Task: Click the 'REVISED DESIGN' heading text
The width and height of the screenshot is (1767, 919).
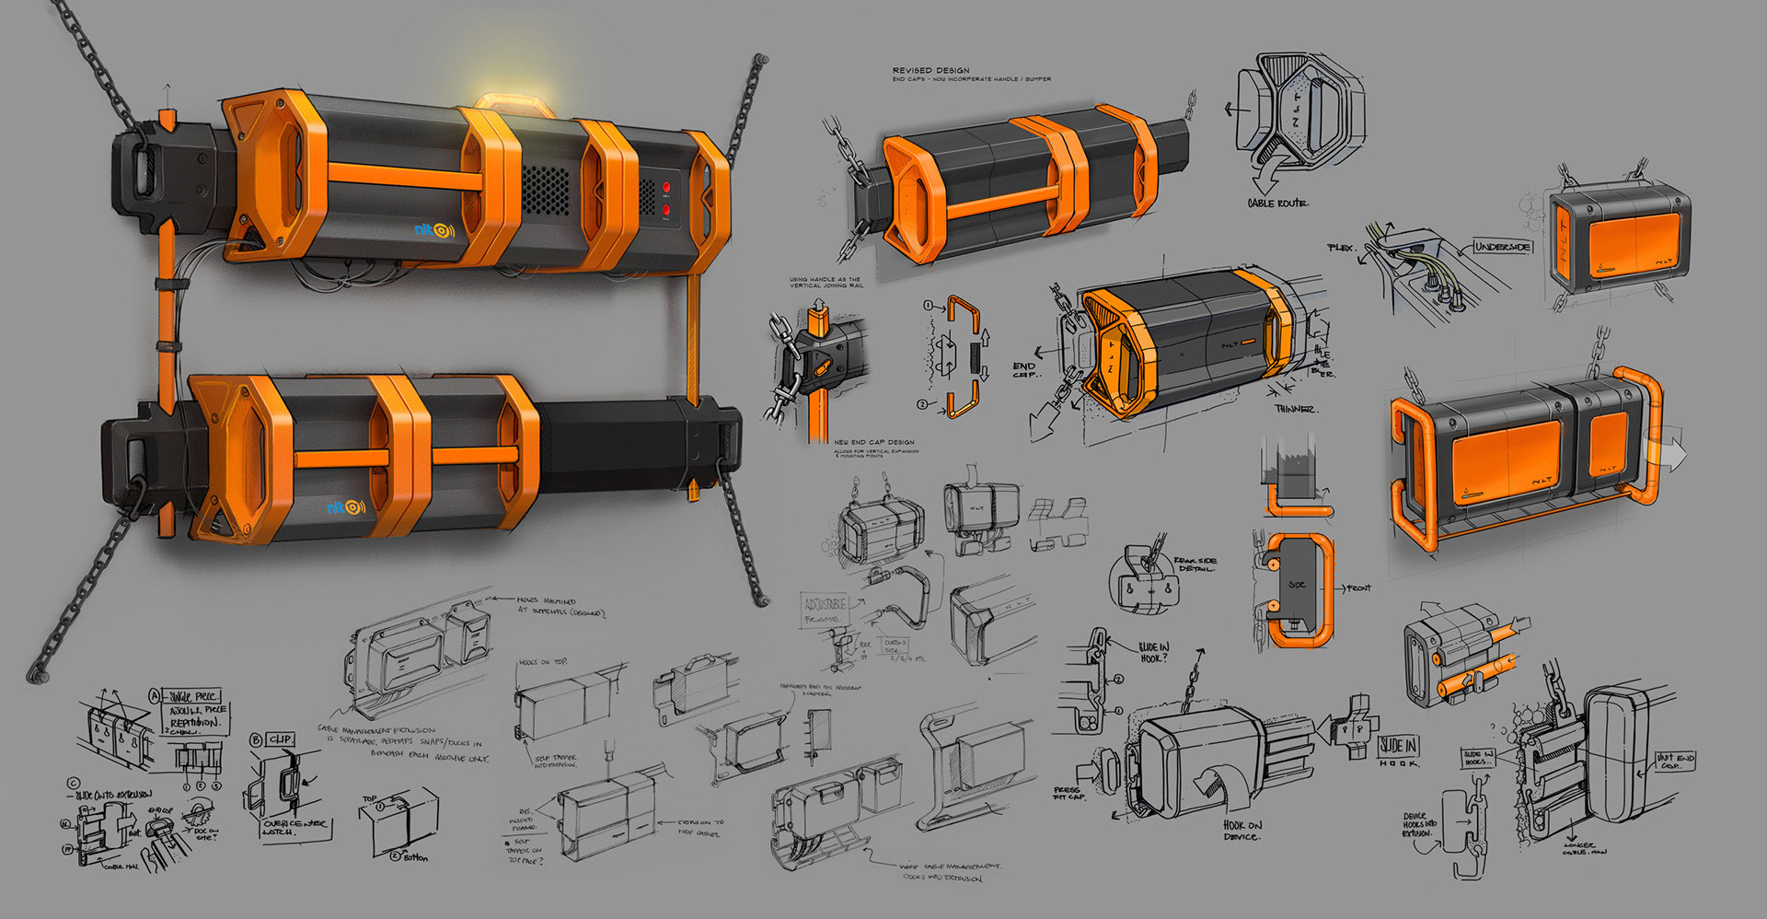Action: [930, 70]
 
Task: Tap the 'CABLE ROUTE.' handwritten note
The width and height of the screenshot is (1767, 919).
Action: [1277, 203]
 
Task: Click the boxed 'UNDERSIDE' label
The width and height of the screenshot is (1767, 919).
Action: [1502, 247]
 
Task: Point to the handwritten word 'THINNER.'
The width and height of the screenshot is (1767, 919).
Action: [1295, 409]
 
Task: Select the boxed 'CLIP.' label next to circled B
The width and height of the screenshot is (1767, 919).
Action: [280, 739]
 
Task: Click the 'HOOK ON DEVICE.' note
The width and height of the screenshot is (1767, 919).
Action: [1242, 831]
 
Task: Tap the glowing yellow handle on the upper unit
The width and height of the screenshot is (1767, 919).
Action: [515, 104]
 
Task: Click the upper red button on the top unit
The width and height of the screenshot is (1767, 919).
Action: [665, 188]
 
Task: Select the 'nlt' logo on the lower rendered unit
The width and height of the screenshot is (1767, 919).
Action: [345, 507]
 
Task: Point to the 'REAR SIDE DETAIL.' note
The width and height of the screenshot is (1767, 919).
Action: [1195, 564]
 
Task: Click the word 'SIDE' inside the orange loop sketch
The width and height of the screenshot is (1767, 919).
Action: [1296, 585]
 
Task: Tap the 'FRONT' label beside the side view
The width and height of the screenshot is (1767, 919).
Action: [1358, 587]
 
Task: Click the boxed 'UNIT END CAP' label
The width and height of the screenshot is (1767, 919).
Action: [1674, 761]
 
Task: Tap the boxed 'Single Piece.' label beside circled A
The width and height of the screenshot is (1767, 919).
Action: [193, 697]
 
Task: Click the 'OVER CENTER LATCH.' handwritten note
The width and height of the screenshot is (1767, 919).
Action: [294, 827]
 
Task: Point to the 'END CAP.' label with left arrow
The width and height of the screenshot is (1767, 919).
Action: [1023, 370]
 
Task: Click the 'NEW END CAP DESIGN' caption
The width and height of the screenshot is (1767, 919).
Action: [874, 442]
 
